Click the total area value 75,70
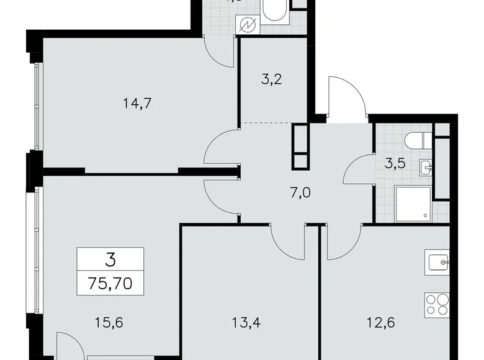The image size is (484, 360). tap(110, 286)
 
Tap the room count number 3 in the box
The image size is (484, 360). tap(110, 261)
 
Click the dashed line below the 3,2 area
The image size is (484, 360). tap(266, 123)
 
